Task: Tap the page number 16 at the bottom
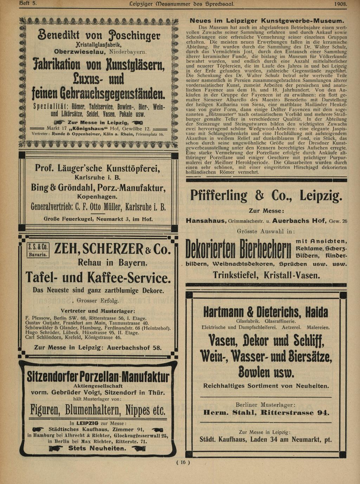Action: point(183,463)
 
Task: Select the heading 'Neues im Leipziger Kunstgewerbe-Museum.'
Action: point(267,21)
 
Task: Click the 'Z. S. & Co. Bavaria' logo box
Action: point(38,251)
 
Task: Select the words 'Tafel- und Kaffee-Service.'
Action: point(98,278)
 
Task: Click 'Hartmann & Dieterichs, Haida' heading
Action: point(266,312)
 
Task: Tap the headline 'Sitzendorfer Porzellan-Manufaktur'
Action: point(98,377)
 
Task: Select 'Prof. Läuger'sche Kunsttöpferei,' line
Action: point(97,169)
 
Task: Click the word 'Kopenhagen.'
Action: point(97,196)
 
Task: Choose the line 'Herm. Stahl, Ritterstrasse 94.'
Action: point(266,413)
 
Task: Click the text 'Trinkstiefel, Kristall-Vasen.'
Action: point(266,275)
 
